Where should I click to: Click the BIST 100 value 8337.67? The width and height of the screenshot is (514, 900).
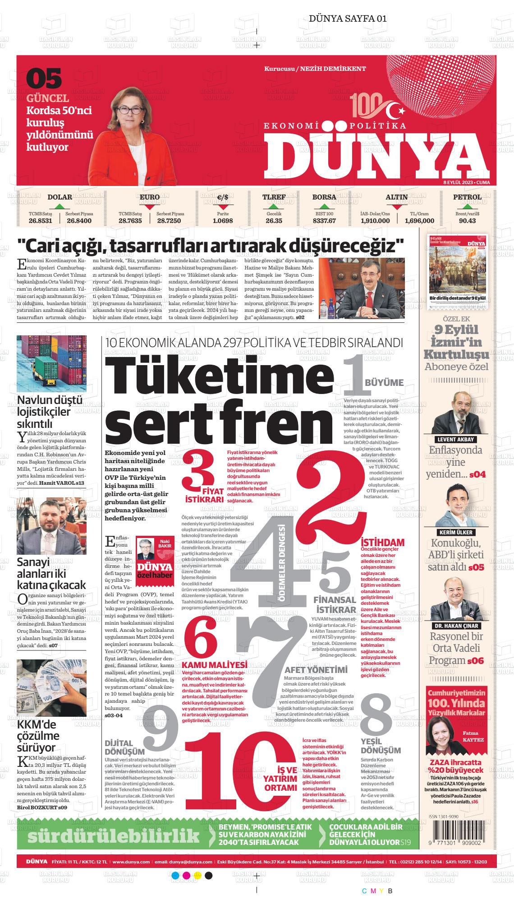(324, 221)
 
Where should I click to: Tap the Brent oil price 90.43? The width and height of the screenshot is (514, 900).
(467, 221)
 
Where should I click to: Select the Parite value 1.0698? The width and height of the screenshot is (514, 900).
(223, 221)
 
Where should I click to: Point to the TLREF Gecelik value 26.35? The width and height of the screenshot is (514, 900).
(274, 221)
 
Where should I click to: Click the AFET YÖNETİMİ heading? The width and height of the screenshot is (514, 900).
(316, 669)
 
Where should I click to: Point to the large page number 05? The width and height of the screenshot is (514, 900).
(44, 79)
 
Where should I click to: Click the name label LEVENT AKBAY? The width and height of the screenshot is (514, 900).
(456, 440)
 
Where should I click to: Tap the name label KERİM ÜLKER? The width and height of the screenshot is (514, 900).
(456, 532)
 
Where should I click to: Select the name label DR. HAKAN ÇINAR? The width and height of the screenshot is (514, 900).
(456, 626)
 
